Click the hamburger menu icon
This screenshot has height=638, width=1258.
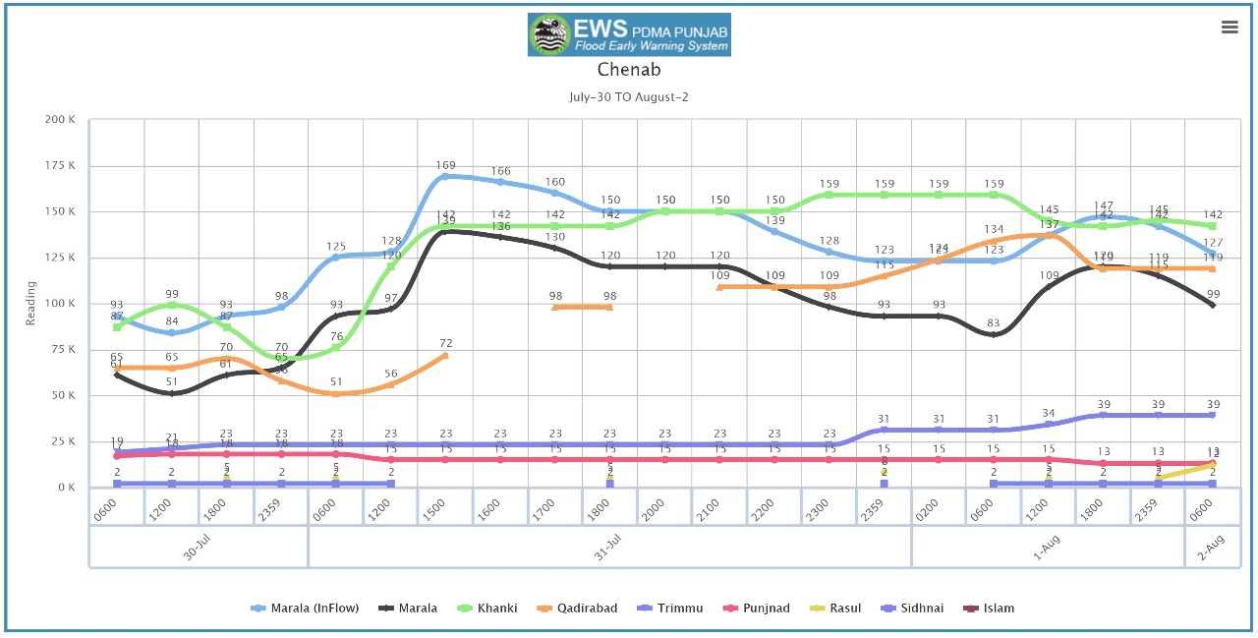[1229, 28]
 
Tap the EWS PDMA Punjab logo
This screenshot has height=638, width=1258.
[629, 34]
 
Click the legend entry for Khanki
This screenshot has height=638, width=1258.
[492, 609]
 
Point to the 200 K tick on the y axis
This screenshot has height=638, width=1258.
[61, 120]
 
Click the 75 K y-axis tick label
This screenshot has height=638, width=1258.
[64, 349]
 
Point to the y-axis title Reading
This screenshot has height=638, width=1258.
[30, 303]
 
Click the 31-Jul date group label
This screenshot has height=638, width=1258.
[609, 553]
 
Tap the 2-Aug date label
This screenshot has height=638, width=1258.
[1210, 553]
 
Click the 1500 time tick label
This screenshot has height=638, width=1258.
[444, 508]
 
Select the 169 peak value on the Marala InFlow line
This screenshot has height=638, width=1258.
[445, 165]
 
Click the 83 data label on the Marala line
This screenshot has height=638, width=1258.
[995, 323]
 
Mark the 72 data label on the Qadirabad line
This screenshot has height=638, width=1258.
[445, 343]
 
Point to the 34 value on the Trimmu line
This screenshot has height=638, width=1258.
[1050, 413]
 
